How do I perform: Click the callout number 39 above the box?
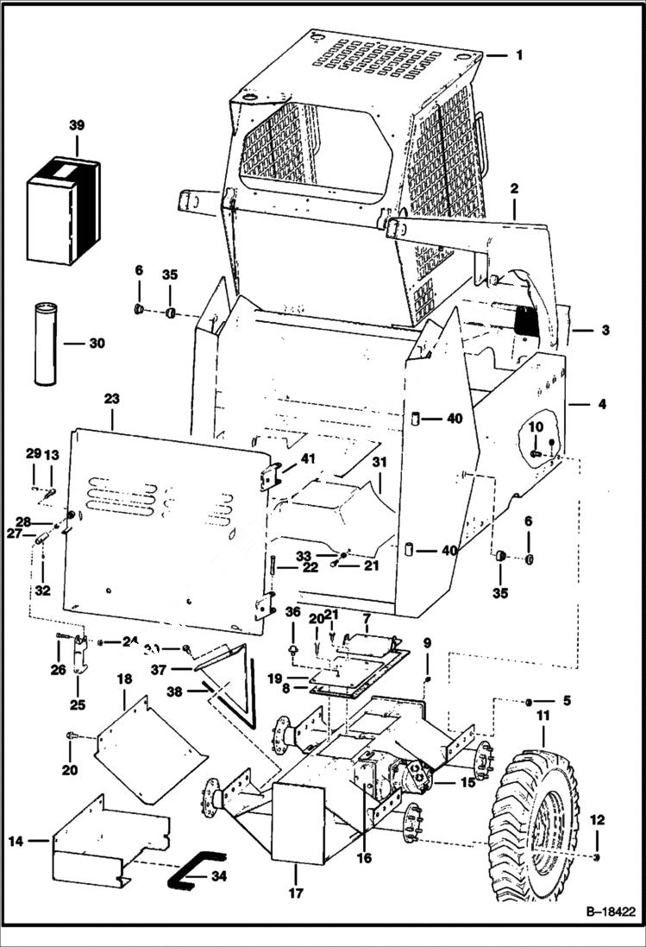coord(77,126)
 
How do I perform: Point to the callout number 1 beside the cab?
coord(519,55)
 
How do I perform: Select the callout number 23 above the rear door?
coord(112,399)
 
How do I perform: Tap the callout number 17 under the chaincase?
coord(296,893)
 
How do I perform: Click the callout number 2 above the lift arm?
coord(513,188)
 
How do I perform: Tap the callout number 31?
coord(379,463)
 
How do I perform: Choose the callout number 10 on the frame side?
coord(535,426)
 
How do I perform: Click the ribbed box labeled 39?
coord(63,211)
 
